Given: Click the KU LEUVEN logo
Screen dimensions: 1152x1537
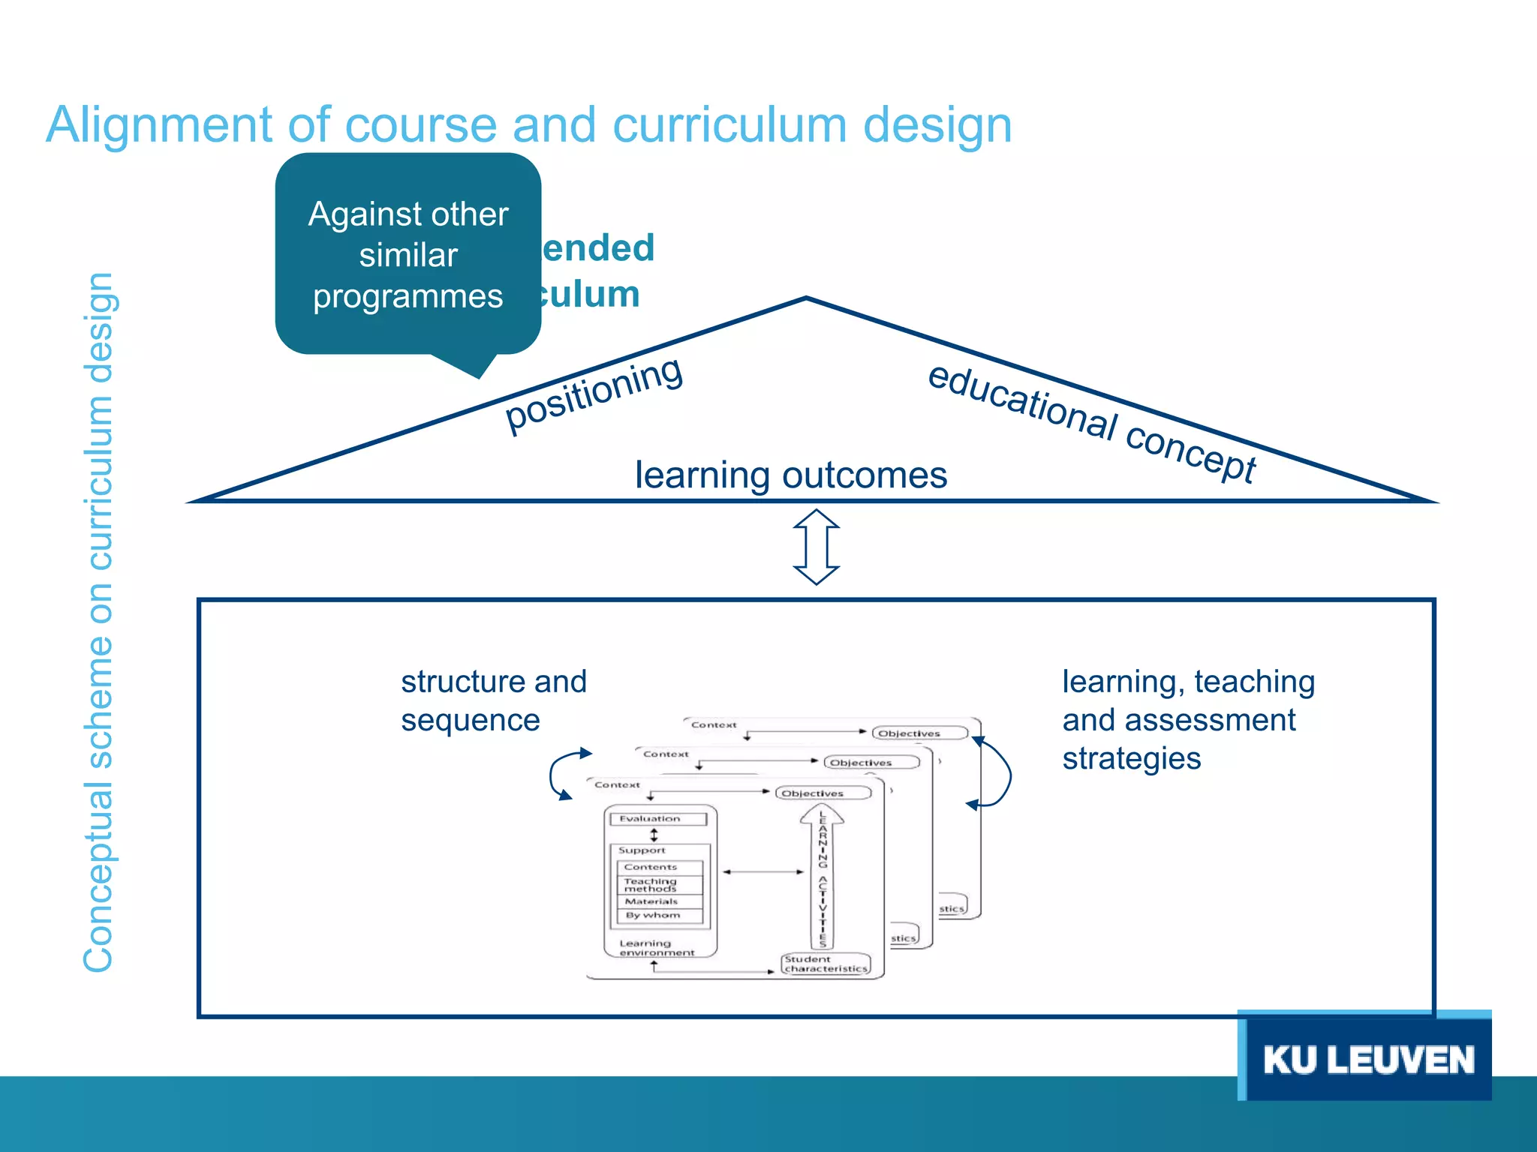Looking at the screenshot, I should pyautogui.click(x=1367, y=1059).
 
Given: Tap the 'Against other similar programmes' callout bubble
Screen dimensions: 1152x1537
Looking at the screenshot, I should pyautogui.click(x=408, y=255).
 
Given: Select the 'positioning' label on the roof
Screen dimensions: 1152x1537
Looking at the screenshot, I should pyautogui.click(x=594, y=394).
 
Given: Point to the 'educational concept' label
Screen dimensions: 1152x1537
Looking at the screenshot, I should pyautogui.click(x=1092, y=423).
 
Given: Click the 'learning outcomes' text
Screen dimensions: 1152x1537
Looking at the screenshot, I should pyautogui.click(x=791, y=475).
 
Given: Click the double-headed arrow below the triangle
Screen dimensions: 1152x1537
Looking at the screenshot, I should pyautogui.click(x=817, y=547).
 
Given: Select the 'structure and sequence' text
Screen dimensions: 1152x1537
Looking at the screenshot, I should pyautogui.click(x=493, y=700).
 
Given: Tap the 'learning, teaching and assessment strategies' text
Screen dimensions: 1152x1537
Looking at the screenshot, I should pyautogui.click(x=1187, y=720).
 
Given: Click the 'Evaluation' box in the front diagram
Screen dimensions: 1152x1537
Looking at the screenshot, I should pyautogui.click(x=658, y=819).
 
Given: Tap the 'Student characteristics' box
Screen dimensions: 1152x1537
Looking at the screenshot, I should pyautogui.click(x=826, y=964).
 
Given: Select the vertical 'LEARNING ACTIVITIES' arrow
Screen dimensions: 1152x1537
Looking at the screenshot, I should pyautogui.click(x=823, y=877).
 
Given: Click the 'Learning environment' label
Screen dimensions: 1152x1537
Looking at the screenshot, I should pyautogui.click(x=656, y=948).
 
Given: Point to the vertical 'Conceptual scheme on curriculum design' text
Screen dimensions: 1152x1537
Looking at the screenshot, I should pyautogui.click(x=99, y=622).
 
